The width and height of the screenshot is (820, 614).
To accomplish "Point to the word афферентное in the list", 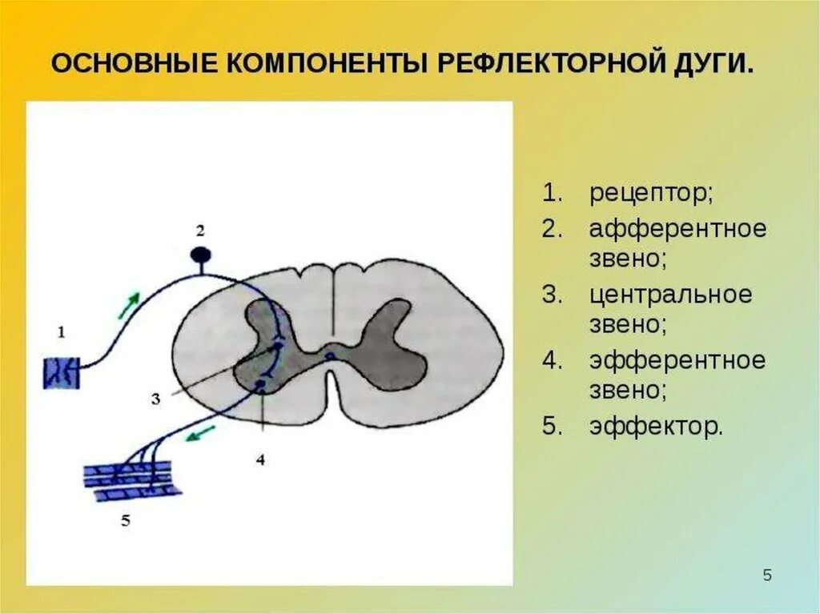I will (x=678, y=229).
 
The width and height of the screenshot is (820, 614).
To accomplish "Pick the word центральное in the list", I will (x=671, y=295).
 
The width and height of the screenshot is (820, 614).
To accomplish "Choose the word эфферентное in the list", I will (x=677, y=360).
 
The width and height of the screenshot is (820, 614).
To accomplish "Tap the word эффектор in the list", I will (x=656, y=426).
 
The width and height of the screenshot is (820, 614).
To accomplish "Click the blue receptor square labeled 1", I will (x=62, y=373).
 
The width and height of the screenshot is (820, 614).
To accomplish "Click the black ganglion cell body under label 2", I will (x=200, y=256).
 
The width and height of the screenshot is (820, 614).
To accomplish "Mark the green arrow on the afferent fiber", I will (x=129, y=305).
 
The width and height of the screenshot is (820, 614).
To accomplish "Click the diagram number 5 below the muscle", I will (x=125, y=521).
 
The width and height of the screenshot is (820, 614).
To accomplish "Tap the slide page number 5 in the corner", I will (x=767, y=576).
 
